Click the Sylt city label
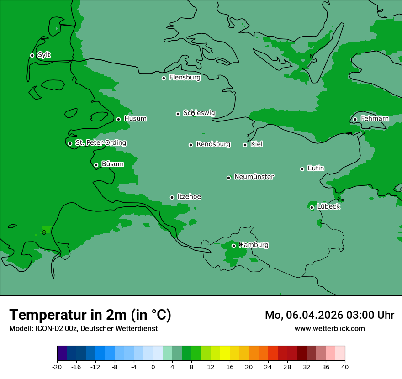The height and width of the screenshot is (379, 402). (x=44, y=55)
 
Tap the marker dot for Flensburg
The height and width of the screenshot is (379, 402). (x=164, y=78)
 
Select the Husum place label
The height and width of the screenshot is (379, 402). (x=135, y=119)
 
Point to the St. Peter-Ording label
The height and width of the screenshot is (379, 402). (x=100, y=143)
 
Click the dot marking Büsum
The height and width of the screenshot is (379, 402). (x=96, y=165)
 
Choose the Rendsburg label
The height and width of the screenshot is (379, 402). (x=213, y=144)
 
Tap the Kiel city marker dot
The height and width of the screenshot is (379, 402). (x=245, y=145)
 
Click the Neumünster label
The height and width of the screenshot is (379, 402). (x=254, y=177)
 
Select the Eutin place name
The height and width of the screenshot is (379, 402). (x=316, y=168)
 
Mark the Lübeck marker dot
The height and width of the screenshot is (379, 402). (x=312, y=207)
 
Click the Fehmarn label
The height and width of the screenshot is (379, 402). (x=375, y=119)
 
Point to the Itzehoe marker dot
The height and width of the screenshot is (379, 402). (x=172, y=197)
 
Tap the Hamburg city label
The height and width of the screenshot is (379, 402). (x=254, y=245)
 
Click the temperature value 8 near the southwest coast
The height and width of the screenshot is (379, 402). (x=44, y=232)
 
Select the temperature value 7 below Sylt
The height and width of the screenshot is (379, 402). (x=72, y=79)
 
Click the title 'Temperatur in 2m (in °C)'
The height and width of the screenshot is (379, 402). (x=90, y=315)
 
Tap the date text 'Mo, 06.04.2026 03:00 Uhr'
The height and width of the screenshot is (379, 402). (x=329, y=315)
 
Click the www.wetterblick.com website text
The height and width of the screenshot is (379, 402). (x=329, y=328)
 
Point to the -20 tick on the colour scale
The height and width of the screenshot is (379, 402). (x=57, y=367)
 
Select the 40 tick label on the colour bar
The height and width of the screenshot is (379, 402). (x=345, y=367)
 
